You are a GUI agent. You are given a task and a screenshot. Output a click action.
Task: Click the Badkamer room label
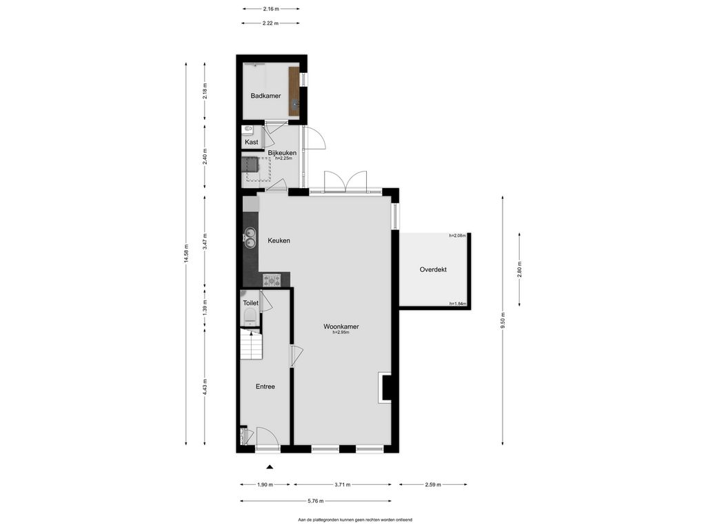[x=265, y=96]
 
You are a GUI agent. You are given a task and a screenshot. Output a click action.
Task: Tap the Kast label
[x=251, y=142]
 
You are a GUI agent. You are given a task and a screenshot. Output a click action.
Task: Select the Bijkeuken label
[x=282, y=153]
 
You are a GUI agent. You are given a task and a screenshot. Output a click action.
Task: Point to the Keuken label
[x=279, y=240]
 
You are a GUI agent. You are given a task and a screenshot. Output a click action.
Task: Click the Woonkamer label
[x=341, y=326]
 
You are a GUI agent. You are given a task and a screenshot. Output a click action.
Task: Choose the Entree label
[x=265, y=386]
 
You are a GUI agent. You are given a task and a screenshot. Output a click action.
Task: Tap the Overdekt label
[x=433, y=269]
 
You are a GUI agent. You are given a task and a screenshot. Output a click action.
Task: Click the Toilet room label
[x=250, y=303]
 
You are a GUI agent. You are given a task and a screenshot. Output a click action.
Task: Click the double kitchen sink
[x=250, y=238]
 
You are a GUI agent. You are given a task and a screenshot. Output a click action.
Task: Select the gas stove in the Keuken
[x=272, y=280]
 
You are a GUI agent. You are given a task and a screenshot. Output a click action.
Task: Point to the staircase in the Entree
[x=251, y=344]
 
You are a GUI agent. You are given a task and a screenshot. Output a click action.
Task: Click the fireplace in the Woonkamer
[x=385, y=387]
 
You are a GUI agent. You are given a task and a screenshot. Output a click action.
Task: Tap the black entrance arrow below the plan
[x=270, y=467]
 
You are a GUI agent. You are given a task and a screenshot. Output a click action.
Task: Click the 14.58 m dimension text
[x=185, y=255]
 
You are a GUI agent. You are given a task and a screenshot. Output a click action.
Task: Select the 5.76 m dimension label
[x=315, y=501]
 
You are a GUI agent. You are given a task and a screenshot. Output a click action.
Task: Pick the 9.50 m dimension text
[x=503, y=321]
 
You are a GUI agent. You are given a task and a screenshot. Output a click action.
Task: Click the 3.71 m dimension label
[x=342, y=485]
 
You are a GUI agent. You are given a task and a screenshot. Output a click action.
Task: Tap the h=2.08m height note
[x=458, y=236]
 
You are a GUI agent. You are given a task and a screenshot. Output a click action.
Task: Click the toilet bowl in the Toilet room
[x=250, y=317]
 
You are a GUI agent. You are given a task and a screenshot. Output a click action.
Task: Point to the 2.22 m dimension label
[x=270, y=23]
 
